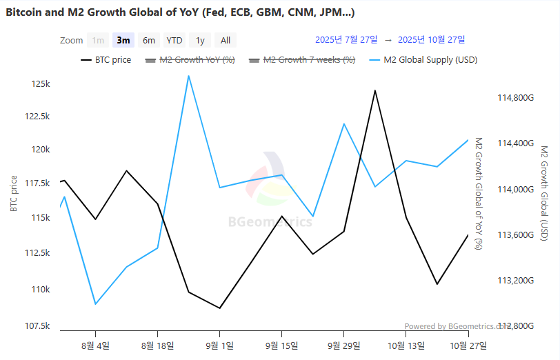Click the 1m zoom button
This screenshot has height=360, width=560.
click(x=99, y=40)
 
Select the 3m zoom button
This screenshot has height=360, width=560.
click(x=123, y=40)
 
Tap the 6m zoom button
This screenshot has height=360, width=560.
click(x=149, y=40)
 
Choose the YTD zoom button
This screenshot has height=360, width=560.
click(x=174, y=40)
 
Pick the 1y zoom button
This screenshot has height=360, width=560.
click(x=200, y=40)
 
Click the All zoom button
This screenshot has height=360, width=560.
click(x=226, y=40)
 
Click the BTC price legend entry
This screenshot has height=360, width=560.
click(x=106, y=60)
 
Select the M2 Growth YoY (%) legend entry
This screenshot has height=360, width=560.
click(x=190, y=60)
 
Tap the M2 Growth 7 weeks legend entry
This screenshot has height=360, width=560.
click(x=301, y=60)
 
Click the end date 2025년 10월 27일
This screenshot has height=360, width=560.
click(x=432, y=39)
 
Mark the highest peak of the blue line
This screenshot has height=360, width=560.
click(x=188, y=76)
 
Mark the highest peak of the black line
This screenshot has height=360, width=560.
click(x=374, y=90)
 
